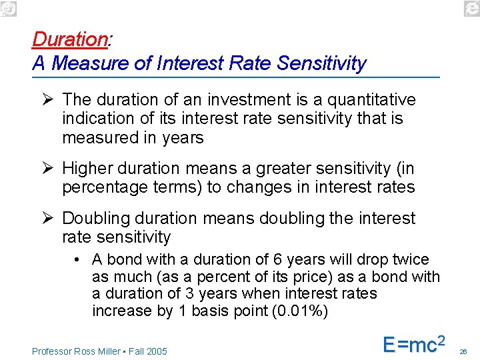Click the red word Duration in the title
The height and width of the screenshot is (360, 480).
69,40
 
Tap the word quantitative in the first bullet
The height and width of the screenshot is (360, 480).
363,100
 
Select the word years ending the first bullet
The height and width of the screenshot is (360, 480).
183,137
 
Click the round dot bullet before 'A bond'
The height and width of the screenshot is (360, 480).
78,259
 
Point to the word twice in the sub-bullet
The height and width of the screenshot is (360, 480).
412,259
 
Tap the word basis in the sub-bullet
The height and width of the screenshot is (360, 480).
210,311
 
